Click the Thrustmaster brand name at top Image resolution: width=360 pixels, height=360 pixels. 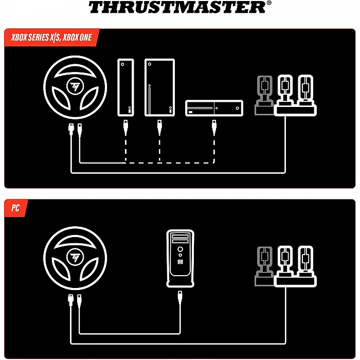tap(177, 7)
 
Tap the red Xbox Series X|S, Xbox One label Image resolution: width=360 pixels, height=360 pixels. tap(51, 37)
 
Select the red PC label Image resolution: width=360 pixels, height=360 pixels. tap(15, 208)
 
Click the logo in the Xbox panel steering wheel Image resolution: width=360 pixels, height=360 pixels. tap(75, 86)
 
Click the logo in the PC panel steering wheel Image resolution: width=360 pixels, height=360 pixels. tap(75, 257)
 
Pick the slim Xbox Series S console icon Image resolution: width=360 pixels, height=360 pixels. tap(125, 87)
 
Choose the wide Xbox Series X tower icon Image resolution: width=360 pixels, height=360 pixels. tap(159, 87)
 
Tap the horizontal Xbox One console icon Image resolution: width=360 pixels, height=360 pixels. tap(214, 108)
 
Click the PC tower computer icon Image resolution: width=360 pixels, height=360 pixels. tap(180, 258)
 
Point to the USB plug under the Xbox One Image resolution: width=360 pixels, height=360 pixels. tap(214, 127)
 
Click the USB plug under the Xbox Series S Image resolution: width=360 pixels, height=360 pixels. tap(125, 127)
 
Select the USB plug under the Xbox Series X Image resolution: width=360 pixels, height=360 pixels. tap(159, 127)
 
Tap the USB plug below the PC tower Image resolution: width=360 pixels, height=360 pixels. tap(180, 298)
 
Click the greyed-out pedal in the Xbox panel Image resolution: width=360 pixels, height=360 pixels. tap(265, 95)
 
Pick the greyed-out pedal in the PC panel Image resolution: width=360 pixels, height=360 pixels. tap(265, 266)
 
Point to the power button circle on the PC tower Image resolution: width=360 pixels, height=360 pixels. tap(180, 249)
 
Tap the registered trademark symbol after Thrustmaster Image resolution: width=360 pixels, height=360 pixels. tap(269, 3)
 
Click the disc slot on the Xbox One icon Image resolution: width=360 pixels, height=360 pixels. tap(200, 108)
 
